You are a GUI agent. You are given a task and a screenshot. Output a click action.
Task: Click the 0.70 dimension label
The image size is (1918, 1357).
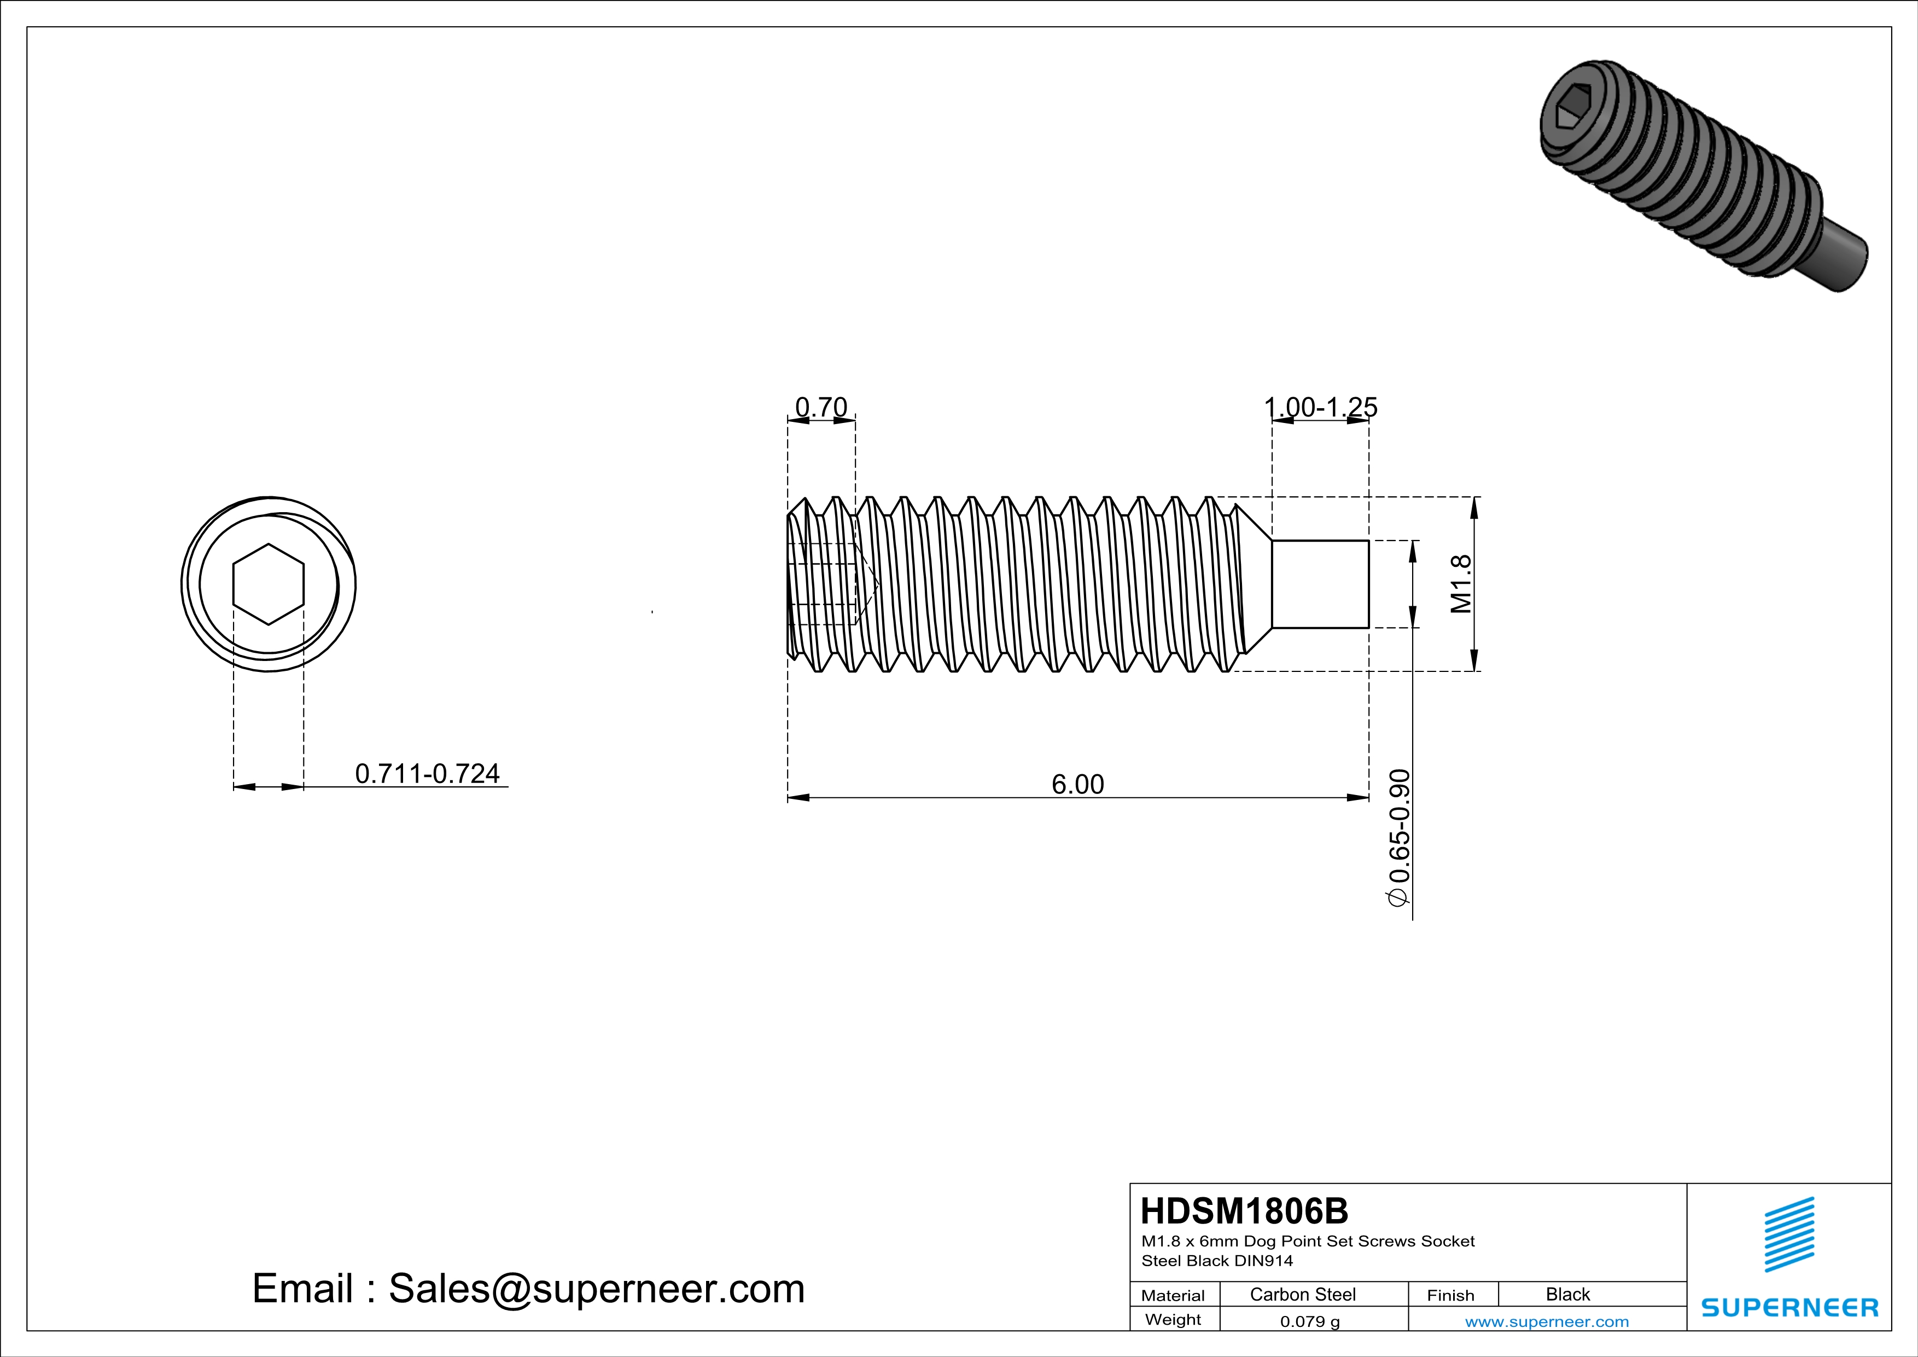[x=820, y=407]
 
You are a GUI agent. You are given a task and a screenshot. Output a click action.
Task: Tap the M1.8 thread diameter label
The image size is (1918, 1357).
[x=1461, y=584]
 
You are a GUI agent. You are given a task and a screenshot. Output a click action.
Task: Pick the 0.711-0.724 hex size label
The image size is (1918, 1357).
[x=427, y=774]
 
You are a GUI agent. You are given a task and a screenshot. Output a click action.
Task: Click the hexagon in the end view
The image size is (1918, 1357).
[x=268, y=584]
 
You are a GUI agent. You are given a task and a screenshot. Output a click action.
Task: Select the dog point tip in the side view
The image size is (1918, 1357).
[x=1320, y=584]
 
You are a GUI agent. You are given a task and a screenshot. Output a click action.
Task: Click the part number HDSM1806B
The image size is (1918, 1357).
[x=1244, y=1211]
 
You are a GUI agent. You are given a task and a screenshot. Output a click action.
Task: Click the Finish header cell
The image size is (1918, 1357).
[x=1450, y=1295]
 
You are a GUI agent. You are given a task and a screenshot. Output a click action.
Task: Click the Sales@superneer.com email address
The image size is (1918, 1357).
[x=597, y=1289]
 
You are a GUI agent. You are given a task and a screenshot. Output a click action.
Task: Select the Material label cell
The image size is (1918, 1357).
[x=1173, y=1295]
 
